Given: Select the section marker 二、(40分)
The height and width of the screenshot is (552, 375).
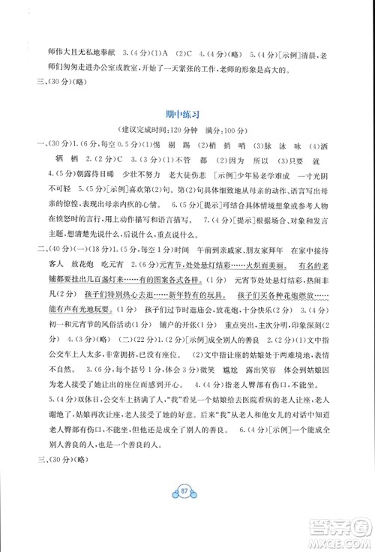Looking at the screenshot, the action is point(52,268).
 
